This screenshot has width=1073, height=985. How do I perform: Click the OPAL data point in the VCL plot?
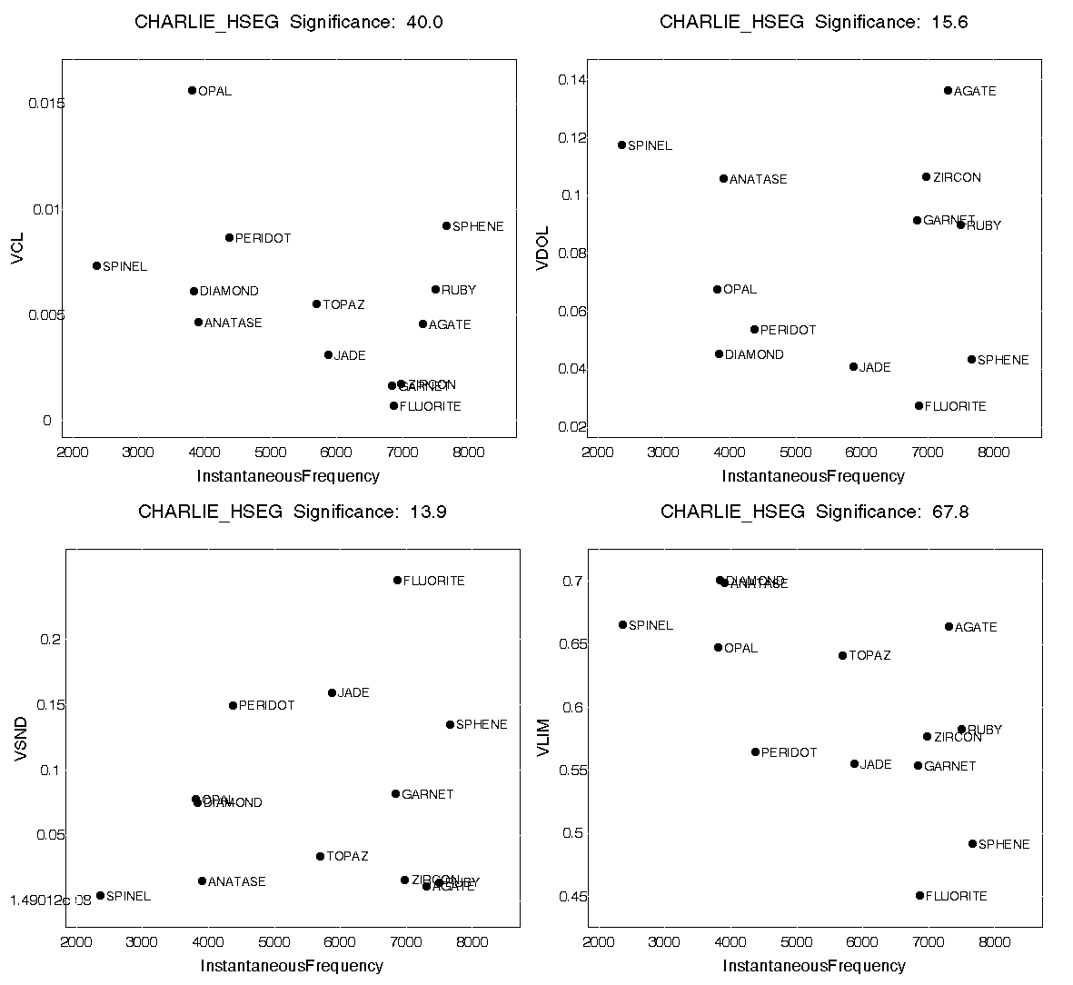pyautogui.click(x=192, y=90)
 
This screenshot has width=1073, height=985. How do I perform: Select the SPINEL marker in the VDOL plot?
pyautogui.click(x=622, y=144)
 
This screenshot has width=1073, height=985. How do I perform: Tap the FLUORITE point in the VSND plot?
pyautogui.click(x=397, y=580)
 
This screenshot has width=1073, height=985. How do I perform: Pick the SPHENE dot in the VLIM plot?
pyautogui.click(x=972, y=843)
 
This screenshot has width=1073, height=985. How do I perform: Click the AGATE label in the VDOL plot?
pyautogui.click(x=975, y=91)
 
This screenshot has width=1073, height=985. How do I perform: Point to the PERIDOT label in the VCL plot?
pyautogui.click(x=263, y=238)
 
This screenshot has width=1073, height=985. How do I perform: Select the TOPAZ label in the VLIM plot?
pyautogui.click(x=869, y=655)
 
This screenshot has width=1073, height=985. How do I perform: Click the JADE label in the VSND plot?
pyautogui.click(x=353, y=693)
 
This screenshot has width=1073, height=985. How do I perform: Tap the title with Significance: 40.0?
pyautogui.click(x=289, y=23)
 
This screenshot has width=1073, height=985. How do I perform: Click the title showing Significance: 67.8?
pyautogui.click(x=814, y=512)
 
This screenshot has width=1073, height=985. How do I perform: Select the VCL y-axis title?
pyautogui.click(x=18, y=248)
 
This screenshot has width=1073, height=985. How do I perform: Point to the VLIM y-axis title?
pyautogui.click(x=544, y=738)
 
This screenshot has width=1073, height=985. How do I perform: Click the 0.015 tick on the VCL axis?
pyautogui.click(x=46, y=104)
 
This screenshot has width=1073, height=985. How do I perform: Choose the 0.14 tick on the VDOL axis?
pyautogui.click(x=571, y=80)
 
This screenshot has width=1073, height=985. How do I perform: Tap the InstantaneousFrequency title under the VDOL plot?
pyautogui.click(x=813, y=476)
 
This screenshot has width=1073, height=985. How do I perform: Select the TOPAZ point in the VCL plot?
pyautogui.click(x=316, y=303)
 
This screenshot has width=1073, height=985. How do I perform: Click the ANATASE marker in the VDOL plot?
pyautogui.click(x=723, y=178)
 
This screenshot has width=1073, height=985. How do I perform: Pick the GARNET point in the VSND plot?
pyautogui.click(x=395, y=793)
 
